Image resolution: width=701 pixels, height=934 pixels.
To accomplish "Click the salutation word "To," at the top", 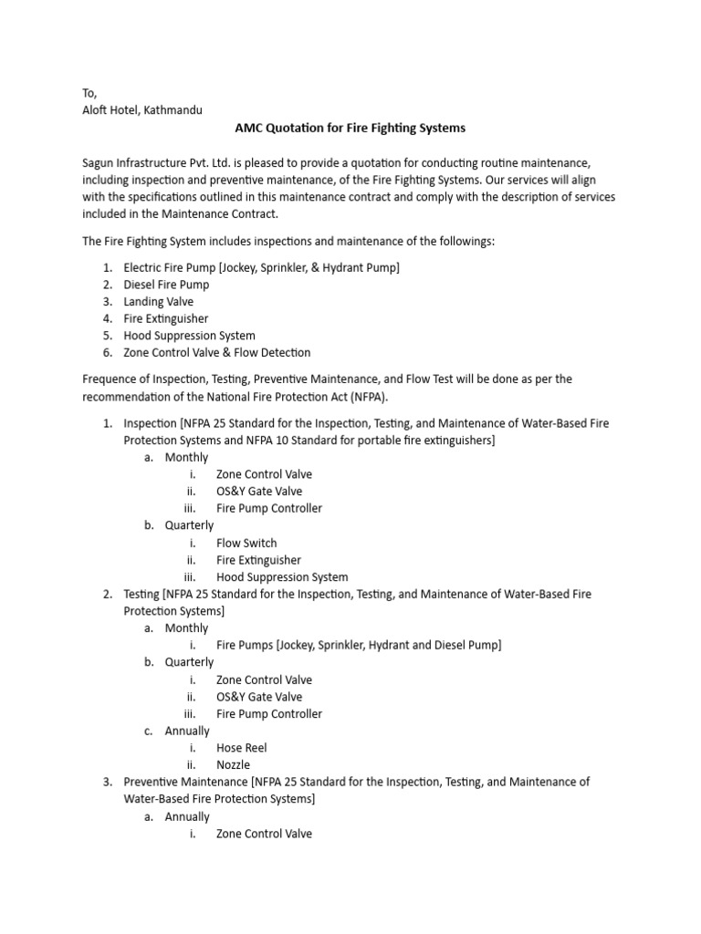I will click(x=89, y=93).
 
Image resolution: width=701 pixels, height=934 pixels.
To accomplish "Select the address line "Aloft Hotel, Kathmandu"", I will click(x=142, y=109).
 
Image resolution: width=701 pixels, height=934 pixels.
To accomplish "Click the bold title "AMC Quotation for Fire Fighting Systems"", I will click(x=350, y=128).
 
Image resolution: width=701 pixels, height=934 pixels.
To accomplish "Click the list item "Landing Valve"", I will click(x=159, y=301).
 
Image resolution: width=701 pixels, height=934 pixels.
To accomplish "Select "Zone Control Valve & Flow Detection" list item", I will click(x=217, y=352).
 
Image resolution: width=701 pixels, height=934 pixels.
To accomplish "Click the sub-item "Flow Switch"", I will click(x=246, y=543).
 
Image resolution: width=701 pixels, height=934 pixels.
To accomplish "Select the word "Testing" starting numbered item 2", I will click(x=141, y=594).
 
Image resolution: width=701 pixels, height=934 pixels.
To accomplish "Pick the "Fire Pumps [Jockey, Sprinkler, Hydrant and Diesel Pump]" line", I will click(x=358, y=645).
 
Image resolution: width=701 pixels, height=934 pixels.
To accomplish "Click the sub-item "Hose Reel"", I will click(x=241, y=748).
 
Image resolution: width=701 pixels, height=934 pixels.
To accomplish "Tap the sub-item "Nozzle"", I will click(x=233, y=764).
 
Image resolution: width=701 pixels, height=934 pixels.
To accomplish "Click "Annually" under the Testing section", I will click(x=187, y=731).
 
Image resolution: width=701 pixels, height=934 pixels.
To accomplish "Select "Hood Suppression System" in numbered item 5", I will click(x=189, y=336).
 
